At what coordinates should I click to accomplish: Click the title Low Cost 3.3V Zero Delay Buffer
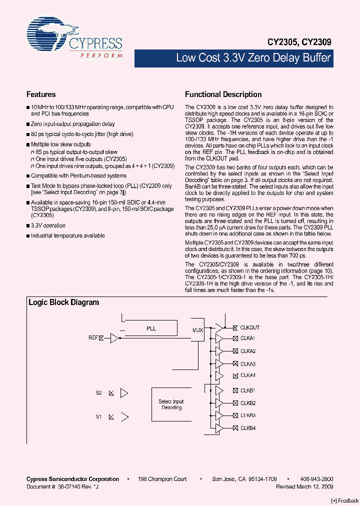point(253,58)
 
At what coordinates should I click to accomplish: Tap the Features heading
point(41,94)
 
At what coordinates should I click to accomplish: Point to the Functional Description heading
point(223,94)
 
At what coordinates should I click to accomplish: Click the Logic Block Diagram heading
point(63,302)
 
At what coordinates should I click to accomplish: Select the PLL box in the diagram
point(151,328)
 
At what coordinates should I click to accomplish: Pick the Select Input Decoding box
point(171,404)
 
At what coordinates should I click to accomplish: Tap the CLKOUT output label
point(249,328)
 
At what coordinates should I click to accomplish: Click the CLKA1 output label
point(247,339)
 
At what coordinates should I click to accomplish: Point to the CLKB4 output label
point(247,428)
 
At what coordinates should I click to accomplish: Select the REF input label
point(93,338)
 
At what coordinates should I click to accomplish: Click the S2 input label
point(99,393)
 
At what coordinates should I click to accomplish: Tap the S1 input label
point(99,416)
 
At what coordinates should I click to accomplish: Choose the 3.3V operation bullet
point(48,225)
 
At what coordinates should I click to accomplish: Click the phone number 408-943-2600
point(316,479)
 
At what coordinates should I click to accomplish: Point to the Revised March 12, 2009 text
point(304,486)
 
